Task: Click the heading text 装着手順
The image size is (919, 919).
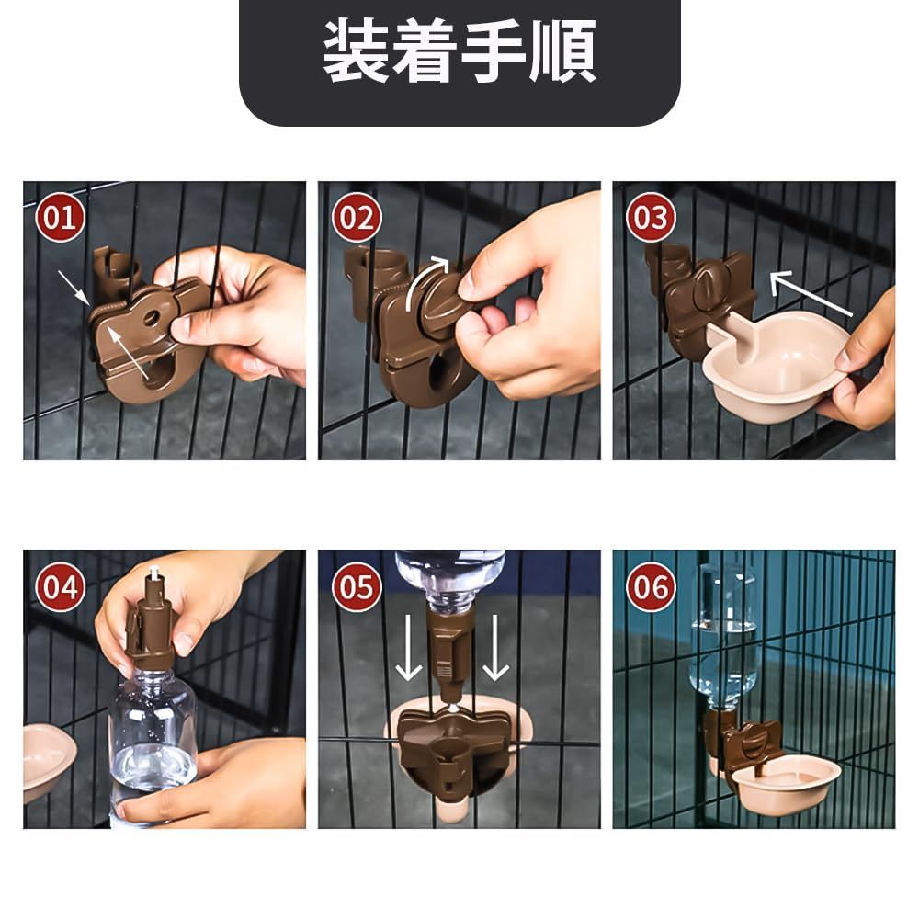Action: (x=459, y=51)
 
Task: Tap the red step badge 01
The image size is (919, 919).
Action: (x=61, y=218)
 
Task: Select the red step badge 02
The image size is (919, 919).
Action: (x=357, y=218)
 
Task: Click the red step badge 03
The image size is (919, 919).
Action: (x=651, y=218)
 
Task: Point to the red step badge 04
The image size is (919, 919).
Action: (x=61, y=586)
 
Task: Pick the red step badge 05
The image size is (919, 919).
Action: (x=357, y=586)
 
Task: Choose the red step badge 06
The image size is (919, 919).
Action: (x=651, y=586)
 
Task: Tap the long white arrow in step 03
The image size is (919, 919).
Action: (x=810, y=292)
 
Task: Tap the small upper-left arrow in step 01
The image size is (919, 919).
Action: (x=74, y=288)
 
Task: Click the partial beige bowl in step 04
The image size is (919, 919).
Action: (x=48, y=761)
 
